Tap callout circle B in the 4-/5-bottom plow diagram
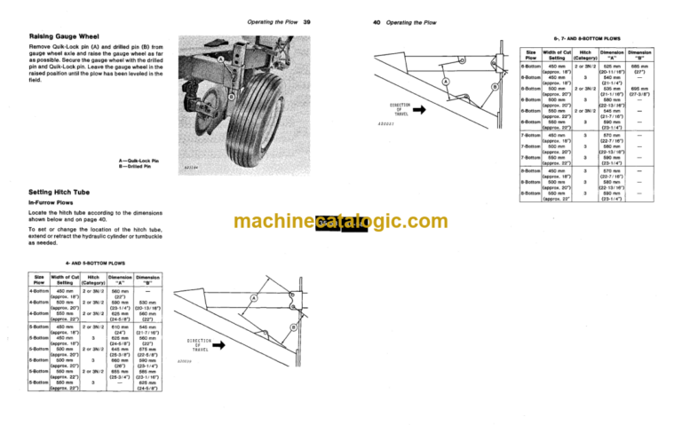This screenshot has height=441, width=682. pyautogui.click(x=292, y=328)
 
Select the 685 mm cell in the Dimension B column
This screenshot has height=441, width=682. pyautogui.click(x=636, y=66)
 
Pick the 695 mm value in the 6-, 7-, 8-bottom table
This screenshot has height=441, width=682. pyautogui.click(x=636, y=89)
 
